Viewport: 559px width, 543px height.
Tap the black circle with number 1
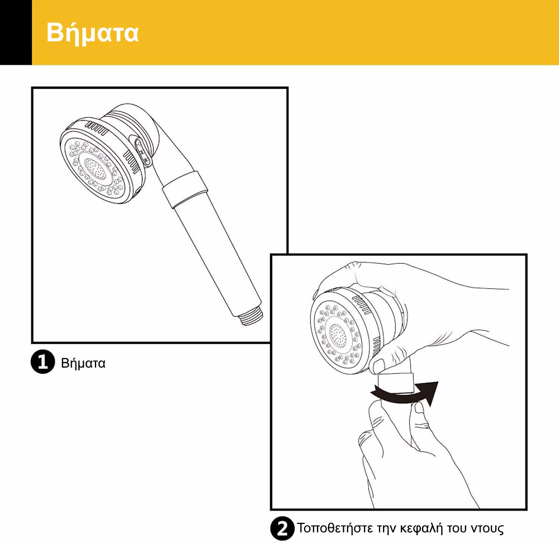[43, 362]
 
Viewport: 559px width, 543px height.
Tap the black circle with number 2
[282, 528]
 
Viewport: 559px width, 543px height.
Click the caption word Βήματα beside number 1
[83, 364]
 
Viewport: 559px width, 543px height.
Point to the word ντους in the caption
[487, 529]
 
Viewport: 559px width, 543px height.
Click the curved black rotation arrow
[405, 394]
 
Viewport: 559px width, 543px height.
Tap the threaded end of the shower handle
[252, 316]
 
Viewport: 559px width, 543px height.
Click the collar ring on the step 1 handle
[185, 189]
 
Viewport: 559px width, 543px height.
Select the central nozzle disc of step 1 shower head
[95, 169]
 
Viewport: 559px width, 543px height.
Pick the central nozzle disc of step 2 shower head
[338, 336]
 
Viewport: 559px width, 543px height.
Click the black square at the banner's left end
[16, 32]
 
